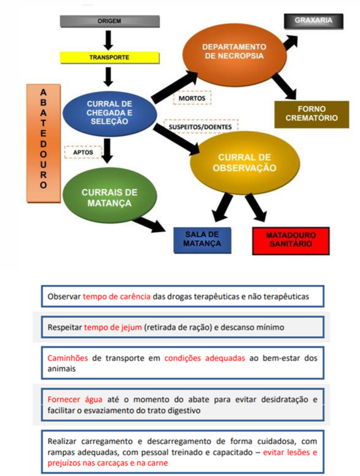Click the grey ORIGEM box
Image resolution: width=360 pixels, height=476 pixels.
pyautogui.click(x=110, y=21)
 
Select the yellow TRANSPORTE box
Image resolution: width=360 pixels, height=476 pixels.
pyautogui.click(x=109, y=58)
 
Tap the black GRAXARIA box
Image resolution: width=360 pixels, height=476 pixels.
pyautogui.click(x=313, y=21)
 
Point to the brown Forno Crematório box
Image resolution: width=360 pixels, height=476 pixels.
pyautogui.click(x=311, y=114)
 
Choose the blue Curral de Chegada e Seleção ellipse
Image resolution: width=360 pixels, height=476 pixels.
pyautogui.click(x=110, y=113)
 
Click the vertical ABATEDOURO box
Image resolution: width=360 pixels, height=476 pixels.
pyautogui.click(x=43, y=143)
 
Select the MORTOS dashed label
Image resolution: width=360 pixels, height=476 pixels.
pyautogui.click(x=192, y=98)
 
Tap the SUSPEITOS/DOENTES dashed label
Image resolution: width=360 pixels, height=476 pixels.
pyautogui.click(x=200, y=127)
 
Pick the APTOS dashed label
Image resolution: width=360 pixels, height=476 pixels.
pyautogui.click(x=83, y=152)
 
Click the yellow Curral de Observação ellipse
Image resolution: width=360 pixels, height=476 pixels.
pyautogui.click(x=244, y=163)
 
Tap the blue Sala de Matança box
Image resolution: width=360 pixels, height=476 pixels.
pyautogui.click(x=202, y=240)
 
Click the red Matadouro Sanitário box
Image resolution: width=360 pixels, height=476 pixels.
pyautogui.click(x=291, y=241)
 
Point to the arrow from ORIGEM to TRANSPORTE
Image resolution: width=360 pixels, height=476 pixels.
pyautogui.click(x=109, y=40)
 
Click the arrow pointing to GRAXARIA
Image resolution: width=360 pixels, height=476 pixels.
pyautogui.click(x=291, y=42)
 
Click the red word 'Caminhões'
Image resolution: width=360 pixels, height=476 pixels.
pyautogui.click(x=68, y=358)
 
